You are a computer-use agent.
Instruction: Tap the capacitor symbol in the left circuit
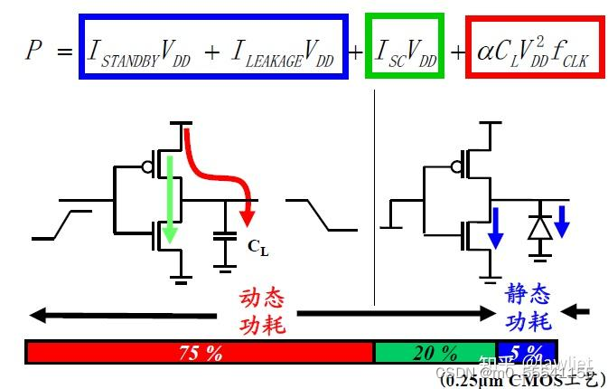point(222,238)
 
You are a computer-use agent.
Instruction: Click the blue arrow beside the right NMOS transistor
point(494,227)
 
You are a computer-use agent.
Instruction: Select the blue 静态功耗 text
point(528,308)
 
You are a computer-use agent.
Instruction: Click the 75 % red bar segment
point(200,352)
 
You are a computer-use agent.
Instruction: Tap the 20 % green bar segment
point(435,352)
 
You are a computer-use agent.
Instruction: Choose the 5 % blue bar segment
point(527,352)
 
